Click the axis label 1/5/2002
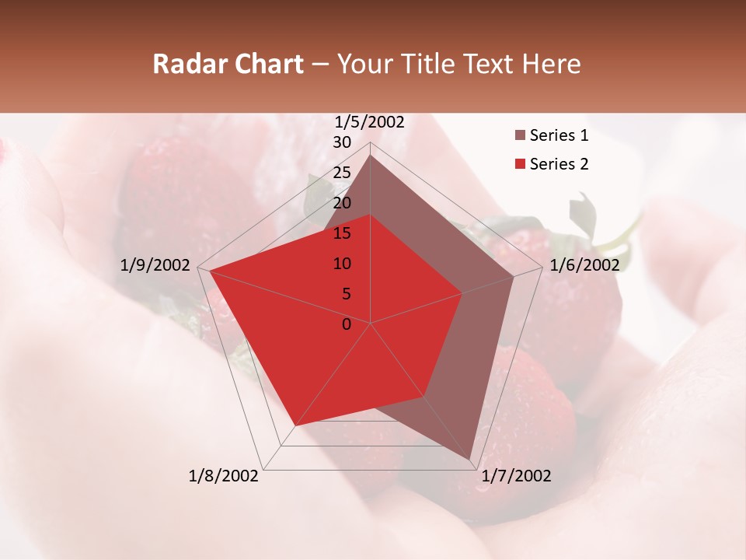click(x=370, y=122)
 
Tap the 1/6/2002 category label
click(x=584, y=265)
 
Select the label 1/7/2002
click(x=516, y=476)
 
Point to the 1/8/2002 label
click(x=224, y=476)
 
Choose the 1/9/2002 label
click(x=155, y=265)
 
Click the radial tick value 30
click(x=342, y=142)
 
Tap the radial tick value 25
click(x=342, y=173)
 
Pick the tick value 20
click(x=342, y=203)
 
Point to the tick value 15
click(x=342, y=233)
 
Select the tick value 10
click(x=342, y=264)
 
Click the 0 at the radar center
click(x=347, y=324)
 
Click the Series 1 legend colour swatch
click(x=520, y=136)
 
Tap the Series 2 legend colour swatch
click(x=520, y=164)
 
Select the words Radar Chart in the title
click(x=228, y=64)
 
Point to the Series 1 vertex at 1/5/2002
click(x=371, y=155)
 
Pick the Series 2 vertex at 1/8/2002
click(x=296, y=425)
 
